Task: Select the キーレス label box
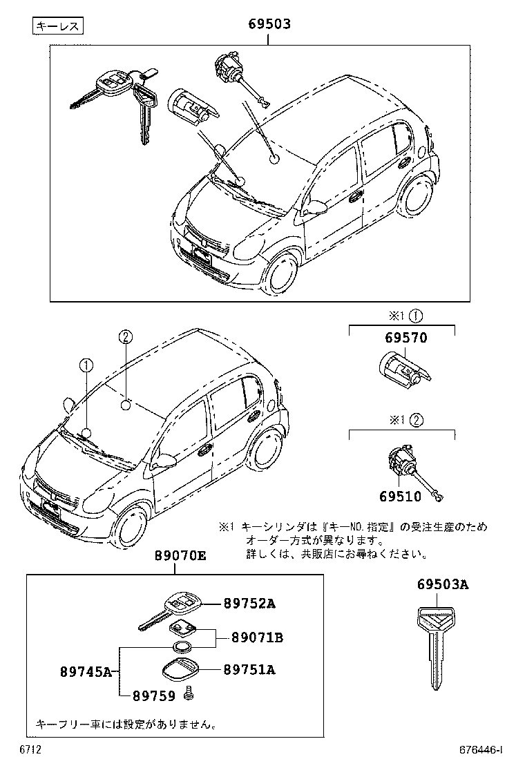(x=58, y=27)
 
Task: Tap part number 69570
(x=401, y=338)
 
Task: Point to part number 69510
(x=401, y=497)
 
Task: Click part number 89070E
(x=180, y=556)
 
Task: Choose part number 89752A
(x=249, y=604)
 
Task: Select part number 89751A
(x=249, y=669)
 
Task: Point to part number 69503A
(x=443, y=585)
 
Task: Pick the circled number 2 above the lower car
(x=125, y=337)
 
